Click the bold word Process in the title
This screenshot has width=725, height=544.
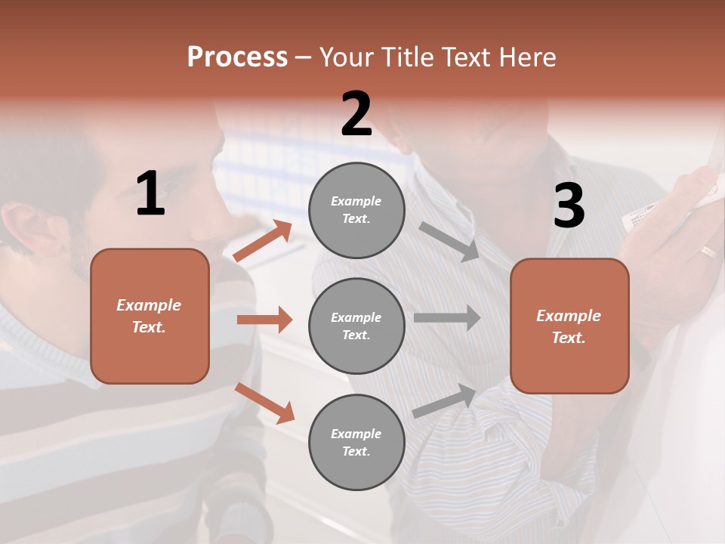click(x=237, y=57)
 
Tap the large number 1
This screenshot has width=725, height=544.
click(x=150, y=194)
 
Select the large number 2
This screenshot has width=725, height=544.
click(x=356, y=115)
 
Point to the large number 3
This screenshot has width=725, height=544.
click(x=569, y=206)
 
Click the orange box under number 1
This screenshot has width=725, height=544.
click(x=150, y=316)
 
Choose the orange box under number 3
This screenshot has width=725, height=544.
click(x=569, y=326)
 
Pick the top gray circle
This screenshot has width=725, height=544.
click(x=356, y=209)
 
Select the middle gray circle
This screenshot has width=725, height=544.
click(x=356, y=326)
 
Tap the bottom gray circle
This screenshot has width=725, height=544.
click(x=356, y=442)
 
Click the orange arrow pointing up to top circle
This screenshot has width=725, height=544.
click(x=263, y=241)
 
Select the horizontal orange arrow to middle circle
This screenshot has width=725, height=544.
click(x=264, y=320)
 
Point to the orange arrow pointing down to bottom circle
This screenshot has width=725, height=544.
click(x=264, y=403)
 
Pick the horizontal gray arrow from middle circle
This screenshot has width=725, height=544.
click(x=447, y=318)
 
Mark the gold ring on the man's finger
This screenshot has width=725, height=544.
click(x=708, y=252)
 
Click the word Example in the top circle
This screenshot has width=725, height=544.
click(x=356, y=201)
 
